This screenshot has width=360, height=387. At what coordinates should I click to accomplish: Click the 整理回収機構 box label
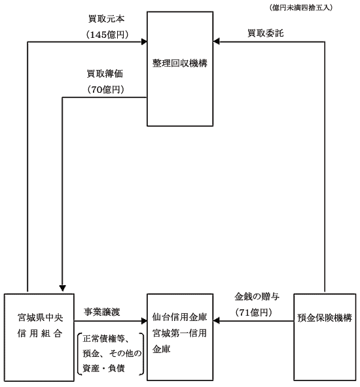click(179, 63)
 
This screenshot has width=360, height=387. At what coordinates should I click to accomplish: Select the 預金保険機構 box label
click(325, 318)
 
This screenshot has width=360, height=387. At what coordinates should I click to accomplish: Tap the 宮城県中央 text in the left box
click(41, 318)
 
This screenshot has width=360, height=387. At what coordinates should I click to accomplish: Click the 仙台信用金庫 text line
click(179, 317)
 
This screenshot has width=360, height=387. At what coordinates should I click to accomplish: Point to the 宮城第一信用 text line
click(179, 333)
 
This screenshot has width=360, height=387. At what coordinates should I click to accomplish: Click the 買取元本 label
click(106, 19)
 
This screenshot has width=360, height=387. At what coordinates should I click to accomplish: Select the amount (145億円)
click(107, 35)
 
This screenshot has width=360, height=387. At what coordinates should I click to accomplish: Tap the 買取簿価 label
click(105, 74)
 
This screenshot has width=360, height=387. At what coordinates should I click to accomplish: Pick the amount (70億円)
click(105, 90)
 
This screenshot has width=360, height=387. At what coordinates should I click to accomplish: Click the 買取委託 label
click(266, 33)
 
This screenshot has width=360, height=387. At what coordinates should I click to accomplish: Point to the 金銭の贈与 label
click(257, 296)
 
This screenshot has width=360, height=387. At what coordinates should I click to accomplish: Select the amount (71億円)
click(254, 312)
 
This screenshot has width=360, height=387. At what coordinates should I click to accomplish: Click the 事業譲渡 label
click(102, 312)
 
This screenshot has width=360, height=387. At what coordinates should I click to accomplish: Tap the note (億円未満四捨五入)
click(300, 8)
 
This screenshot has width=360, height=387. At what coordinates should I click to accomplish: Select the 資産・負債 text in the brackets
click(103, 368)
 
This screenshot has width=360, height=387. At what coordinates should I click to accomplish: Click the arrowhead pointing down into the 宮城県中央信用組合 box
click(63, 288)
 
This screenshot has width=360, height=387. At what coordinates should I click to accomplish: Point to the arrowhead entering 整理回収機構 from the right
click(216, 41)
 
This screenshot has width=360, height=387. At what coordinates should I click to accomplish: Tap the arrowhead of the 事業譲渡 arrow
click(144, 321)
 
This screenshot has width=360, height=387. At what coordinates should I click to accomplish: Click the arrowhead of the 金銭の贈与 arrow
click(216, 321)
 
